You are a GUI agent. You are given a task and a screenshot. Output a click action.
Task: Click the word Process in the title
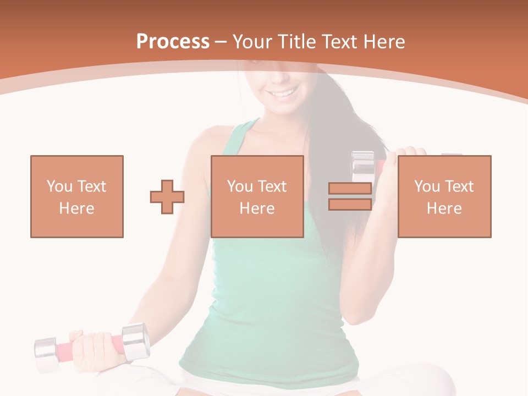(173, 42)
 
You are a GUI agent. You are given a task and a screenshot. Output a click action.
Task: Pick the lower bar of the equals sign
(350, 205)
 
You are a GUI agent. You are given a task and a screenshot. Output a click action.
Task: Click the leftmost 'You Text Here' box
(77, 196)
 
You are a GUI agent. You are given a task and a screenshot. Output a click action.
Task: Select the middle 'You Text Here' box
(257, 196)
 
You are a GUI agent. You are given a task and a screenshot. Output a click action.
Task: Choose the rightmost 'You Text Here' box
(444, 196)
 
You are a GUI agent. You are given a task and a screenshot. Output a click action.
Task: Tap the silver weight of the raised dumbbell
(362, 165)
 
